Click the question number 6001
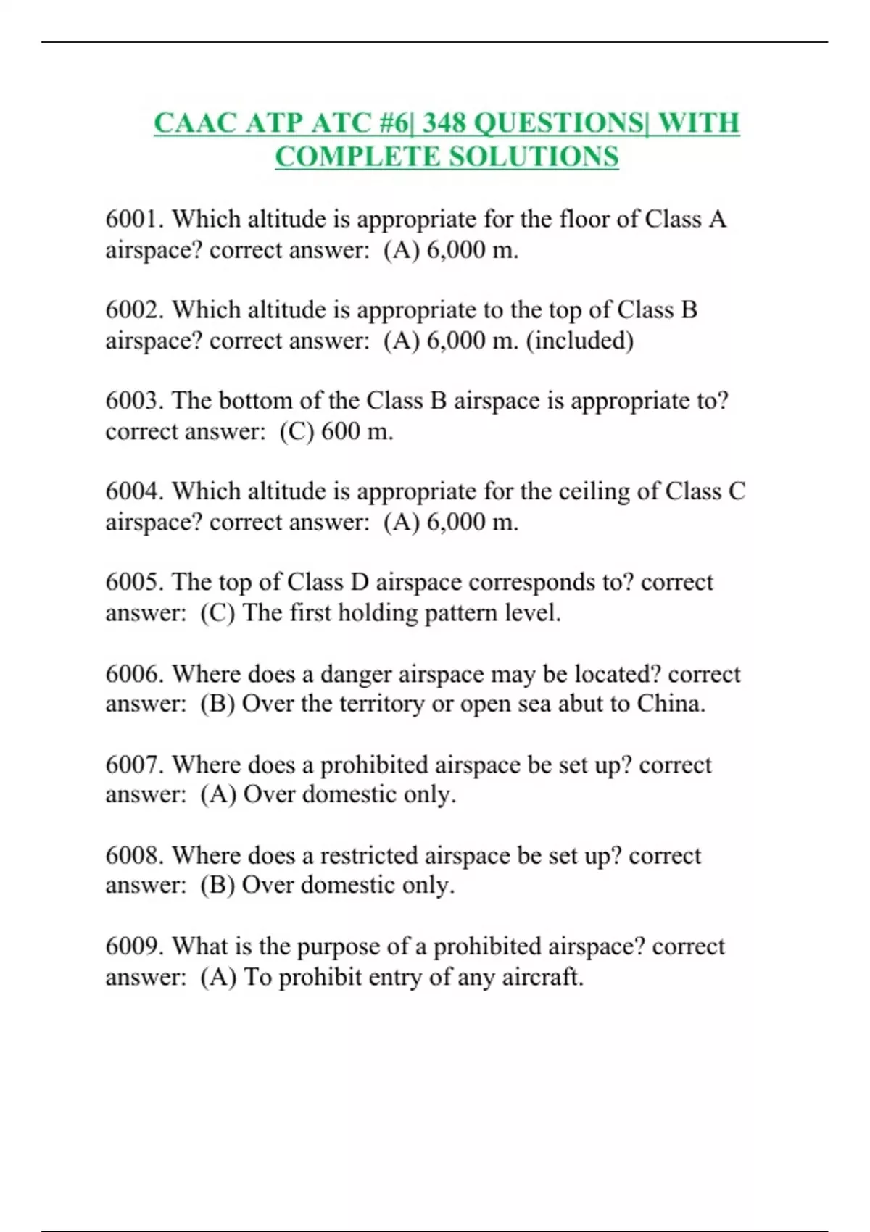coord(135,219)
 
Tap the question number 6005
coord(135,582)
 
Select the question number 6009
coord(135,946)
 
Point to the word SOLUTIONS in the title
coord(534,157)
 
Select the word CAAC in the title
coord(195,123)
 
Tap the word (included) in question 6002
coord(579,341)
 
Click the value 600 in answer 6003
coord(340,431)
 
